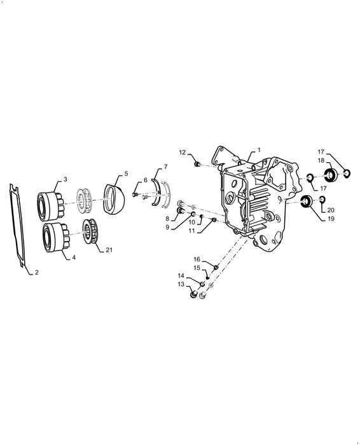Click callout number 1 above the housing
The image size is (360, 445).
[x=258, y=151]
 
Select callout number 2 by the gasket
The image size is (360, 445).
[x=36, y=272]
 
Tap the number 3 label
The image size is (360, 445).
[x=65, y=179]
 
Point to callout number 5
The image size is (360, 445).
[x=125, y=174]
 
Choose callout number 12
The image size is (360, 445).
[x=182, y=152]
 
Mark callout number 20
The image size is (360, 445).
[x=331, y=210]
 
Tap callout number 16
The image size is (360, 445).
[x=197, y=259]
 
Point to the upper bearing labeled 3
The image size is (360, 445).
[x=52, y=202]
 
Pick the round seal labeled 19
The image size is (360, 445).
[x=306, y=203]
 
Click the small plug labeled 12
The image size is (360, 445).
[x=197, y=165]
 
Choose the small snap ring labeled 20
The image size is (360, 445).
[x=322, y=200]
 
